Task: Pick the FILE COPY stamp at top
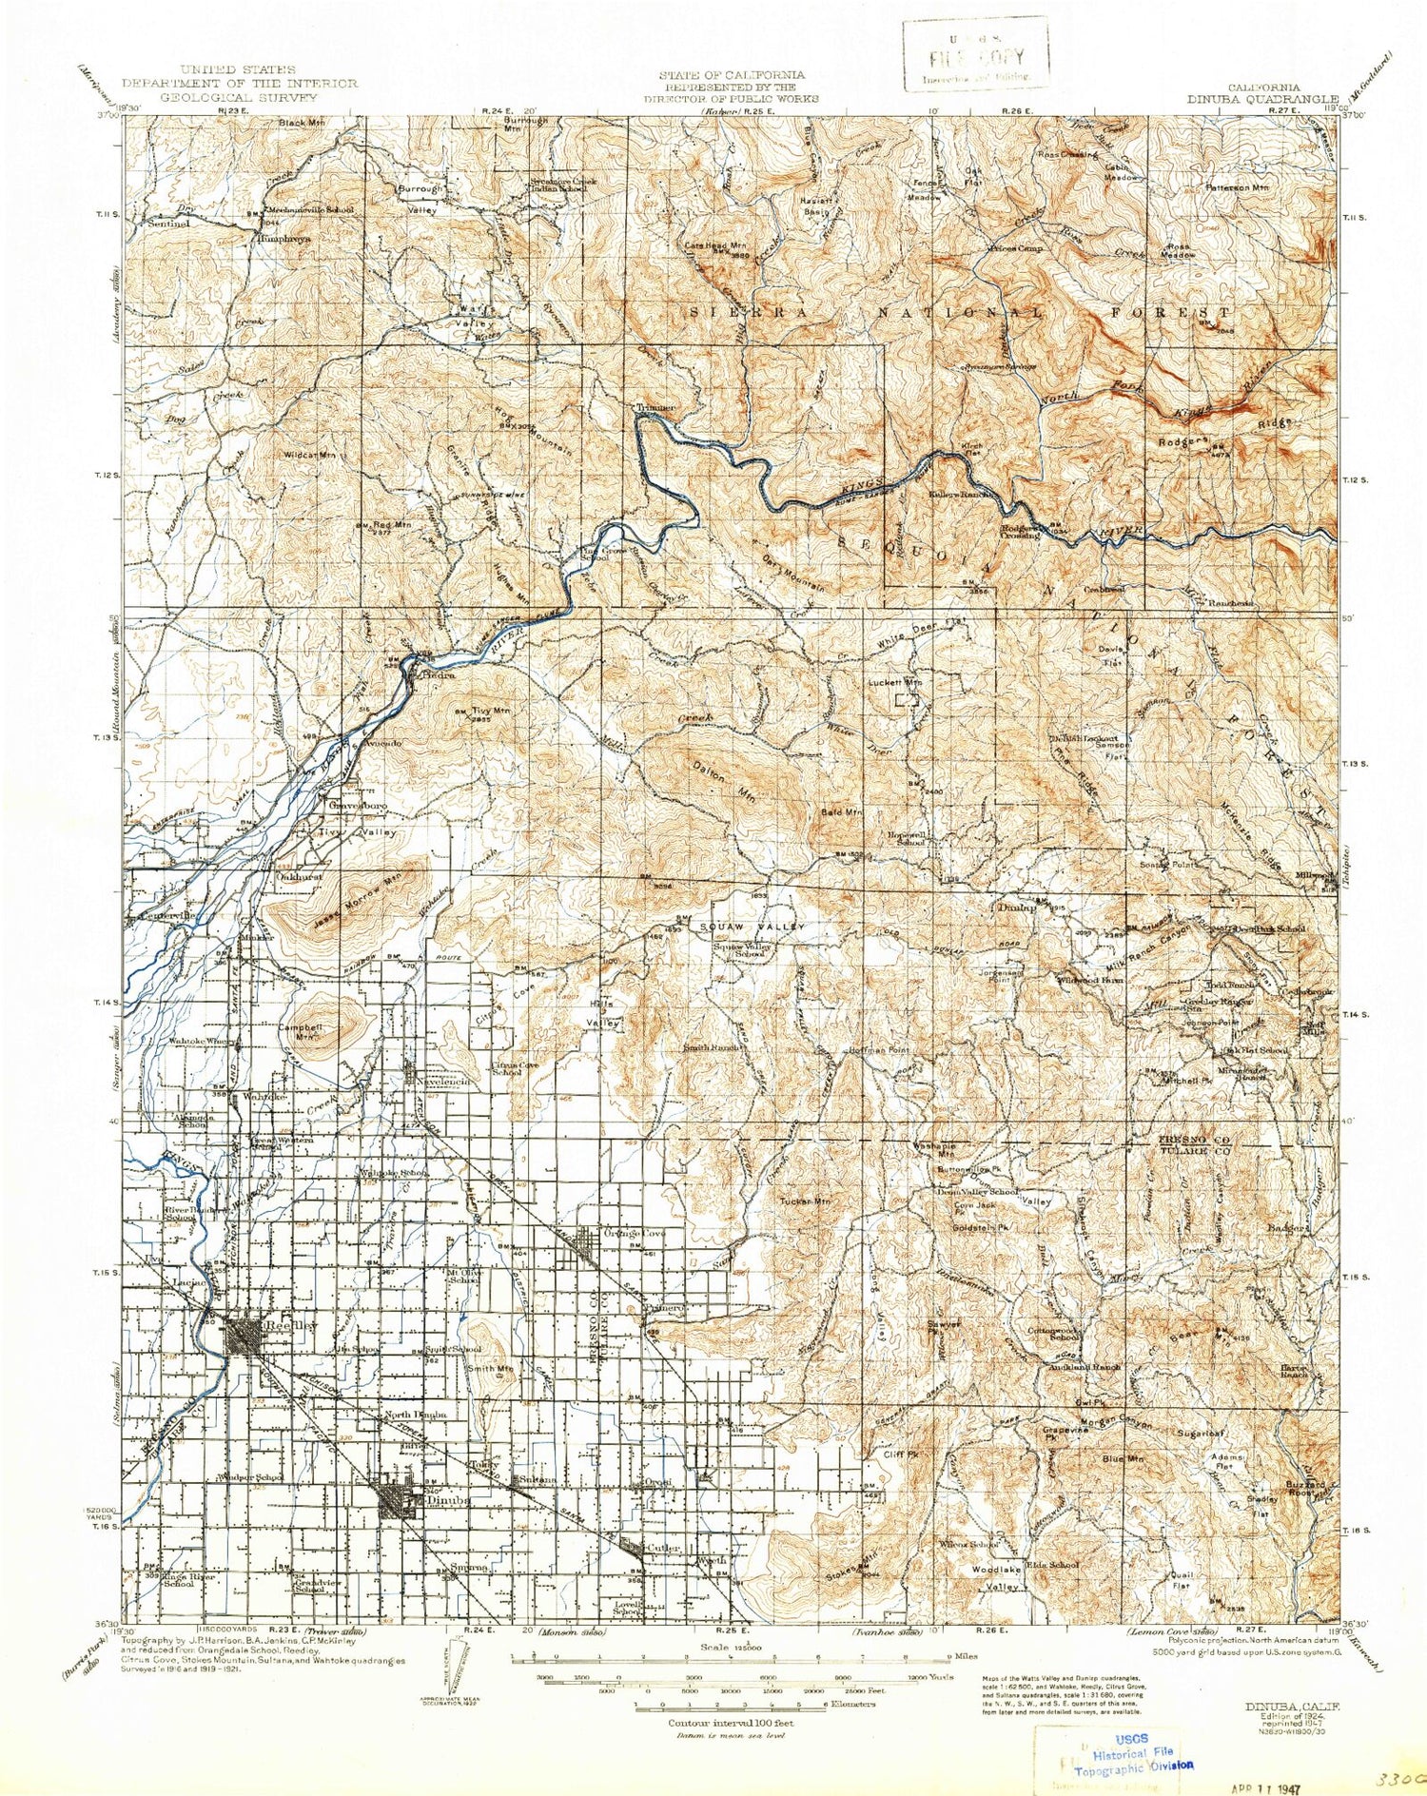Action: pos(976,55)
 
